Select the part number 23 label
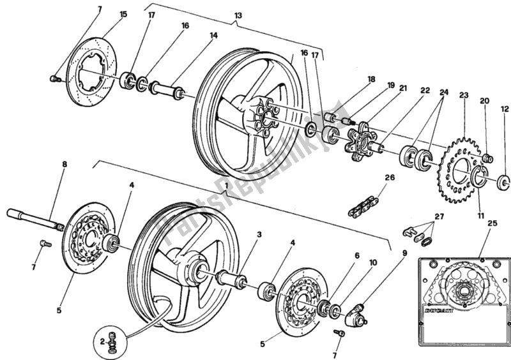[464, 96]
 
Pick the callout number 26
[390, 179]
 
